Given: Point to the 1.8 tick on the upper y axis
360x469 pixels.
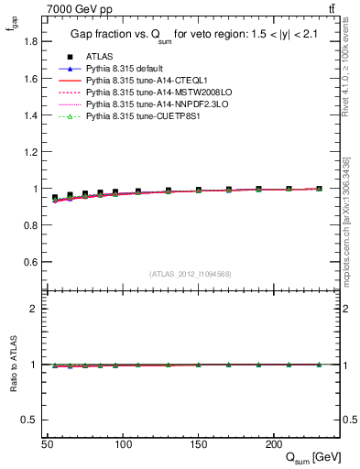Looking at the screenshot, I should (30, 42).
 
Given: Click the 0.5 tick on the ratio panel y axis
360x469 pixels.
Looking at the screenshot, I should (30, 420).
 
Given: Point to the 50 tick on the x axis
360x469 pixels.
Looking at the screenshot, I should (48, 443).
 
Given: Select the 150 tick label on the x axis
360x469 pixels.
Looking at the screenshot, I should (198, 443).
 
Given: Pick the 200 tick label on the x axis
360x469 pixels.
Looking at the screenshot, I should (273, 443).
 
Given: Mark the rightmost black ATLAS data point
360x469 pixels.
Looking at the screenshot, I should (319, 189).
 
